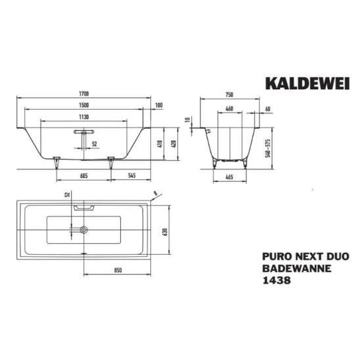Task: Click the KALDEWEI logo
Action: click(x=307, y=83)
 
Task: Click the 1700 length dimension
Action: click(x=84, y=94)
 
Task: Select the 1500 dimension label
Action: click(x=84, y=105)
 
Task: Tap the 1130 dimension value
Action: click(x=84, y=117)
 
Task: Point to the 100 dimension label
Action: click(x=159, y=105)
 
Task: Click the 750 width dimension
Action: click(x=229, y=95)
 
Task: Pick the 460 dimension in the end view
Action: click(x=229, y=108)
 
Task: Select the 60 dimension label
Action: click(x=268, y=109)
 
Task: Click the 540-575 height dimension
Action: click(x=268, y=148)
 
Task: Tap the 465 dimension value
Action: click(x=229, y=177)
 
